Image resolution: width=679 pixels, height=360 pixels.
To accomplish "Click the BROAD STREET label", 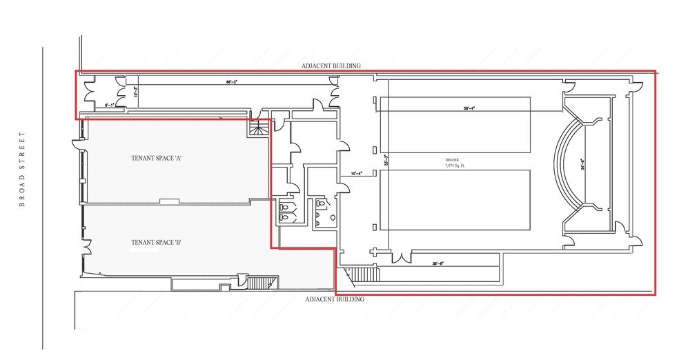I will (x=22, y=169).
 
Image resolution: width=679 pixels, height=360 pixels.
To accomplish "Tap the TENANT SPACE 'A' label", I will (x=156, y=159).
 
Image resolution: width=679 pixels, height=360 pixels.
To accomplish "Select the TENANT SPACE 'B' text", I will (x=156, y=242).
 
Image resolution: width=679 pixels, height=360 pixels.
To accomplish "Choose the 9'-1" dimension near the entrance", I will (x=109, y=104).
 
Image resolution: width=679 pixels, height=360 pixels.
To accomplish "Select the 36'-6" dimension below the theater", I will (x=437, y=263).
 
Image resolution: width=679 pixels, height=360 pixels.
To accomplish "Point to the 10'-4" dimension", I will (x=356, y=174).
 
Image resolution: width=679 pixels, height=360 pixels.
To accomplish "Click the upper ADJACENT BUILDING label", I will (x=331, y=66).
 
